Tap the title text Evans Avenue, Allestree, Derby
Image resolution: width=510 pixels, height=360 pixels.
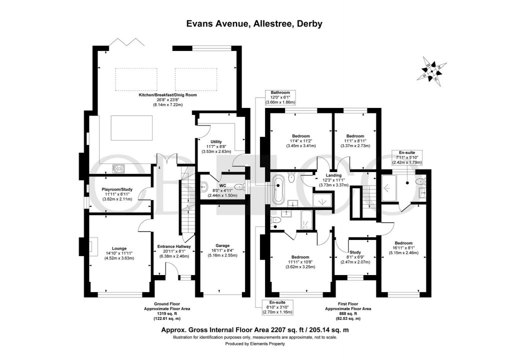pyautogui.click(x=254, y=23)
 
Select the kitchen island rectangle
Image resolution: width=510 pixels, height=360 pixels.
pyautogui.click(x=127, y=128)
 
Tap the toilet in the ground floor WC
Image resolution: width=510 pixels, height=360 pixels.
pyautogui.click(x=203, y=187)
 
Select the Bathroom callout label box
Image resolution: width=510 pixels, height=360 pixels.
pyautogui.click(x=280, y=97)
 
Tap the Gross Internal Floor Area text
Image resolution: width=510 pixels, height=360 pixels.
pyautogui.click(x=254, y=330)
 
